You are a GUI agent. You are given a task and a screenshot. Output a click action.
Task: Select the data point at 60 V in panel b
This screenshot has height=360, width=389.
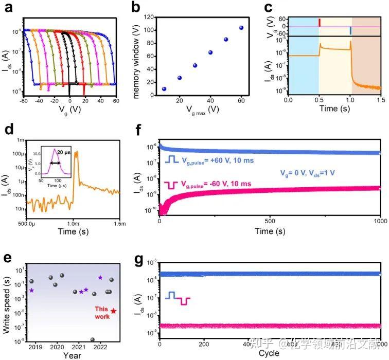pyautogui.click(x=241, y=28)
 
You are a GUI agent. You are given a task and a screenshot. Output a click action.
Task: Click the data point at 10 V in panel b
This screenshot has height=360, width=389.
pyautogui.click(x=164, y=89)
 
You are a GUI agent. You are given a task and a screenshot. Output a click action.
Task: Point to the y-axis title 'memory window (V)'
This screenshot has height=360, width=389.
pyautogui.click(x=136, y=56)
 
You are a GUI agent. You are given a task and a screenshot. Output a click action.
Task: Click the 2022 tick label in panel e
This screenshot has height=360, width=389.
pyautogui.click(x=100, y=347)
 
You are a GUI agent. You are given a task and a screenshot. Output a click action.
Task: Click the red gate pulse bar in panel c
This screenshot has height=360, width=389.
pyautogui.click(x=320, y=23)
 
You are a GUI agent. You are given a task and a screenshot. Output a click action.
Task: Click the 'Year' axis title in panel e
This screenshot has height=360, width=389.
pyautogui.click(x=72, y=355)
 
